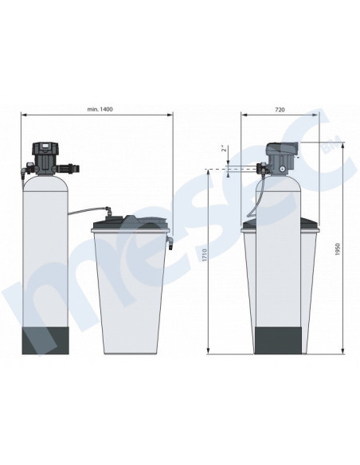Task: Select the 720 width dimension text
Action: [280, 110]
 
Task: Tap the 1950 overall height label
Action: [337, 250]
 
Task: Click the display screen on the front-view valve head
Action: [46, 146]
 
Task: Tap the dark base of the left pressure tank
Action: [45, 341]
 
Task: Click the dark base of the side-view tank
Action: [279, 340]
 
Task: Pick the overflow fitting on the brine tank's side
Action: [170, 242]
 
